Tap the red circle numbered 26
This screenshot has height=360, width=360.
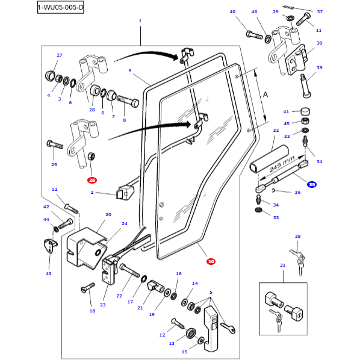[92, 180]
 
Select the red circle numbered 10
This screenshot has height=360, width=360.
[211, 261]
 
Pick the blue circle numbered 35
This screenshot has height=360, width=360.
[311, 184]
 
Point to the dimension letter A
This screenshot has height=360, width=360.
[265, 95]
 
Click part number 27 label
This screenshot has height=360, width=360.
[60, 55]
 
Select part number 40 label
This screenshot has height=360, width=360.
[233, 12]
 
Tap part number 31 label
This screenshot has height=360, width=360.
[282, 265]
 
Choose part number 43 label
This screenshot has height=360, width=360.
[49, 273]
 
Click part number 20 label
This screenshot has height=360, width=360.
[108, 214]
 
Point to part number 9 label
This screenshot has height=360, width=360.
[129, 71]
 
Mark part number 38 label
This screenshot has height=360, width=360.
[297, 237]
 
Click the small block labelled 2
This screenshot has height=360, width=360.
[124, 191]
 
